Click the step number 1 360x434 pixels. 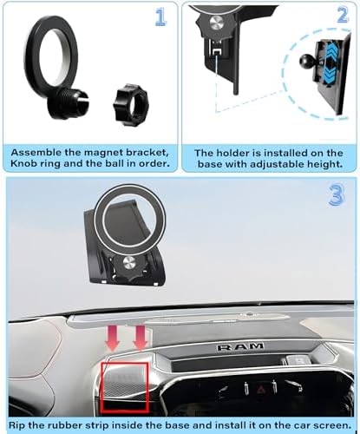(160, 16)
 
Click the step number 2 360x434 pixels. (344, 15)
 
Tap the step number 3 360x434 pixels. (337, 194)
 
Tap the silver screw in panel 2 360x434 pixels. (216, 22)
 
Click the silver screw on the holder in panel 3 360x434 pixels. (129, 264)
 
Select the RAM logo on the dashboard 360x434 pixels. (240, 346)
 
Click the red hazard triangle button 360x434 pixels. (260, 389)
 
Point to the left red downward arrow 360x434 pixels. (113, 338)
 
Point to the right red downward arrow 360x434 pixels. (141, 338)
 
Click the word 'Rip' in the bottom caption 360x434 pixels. (18, 425)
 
